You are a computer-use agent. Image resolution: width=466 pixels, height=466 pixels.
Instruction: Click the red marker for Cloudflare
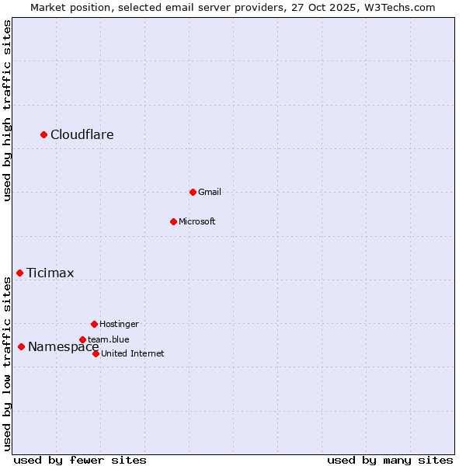point(44,135)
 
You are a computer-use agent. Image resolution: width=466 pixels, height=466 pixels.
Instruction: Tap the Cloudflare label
point(82,135)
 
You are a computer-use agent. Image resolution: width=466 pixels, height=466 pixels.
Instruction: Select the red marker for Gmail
point(193,192)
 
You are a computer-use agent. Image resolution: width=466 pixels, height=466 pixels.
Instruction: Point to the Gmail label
point(210,192)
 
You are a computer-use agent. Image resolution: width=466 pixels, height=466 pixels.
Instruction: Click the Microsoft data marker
point(173,221)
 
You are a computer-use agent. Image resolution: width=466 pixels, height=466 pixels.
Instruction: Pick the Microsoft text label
point(197,221)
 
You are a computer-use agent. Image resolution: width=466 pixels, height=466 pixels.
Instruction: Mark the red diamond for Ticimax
point(19,273)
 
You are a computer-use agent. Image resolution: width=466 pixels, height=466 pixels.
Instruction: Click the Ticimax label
point(50,273)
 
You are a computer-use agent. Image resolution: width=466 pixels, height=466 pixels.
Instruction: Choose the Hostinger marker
point(94,324)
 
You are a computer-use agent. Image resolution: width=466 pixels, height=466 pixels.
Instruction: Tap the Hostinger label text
point(119,324)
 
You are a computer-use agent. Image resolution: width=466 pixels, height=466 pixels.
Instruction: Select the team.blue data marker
point(82,339)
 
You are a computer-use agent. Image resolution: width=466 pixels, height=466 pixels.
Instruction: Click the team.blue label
point(109,339)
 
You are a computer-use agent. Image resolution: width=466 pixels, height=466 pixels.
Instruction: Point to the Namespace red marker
point(21,346)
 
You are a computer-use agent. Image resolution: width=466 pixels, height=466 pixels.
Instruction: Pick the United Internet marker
point(96,353)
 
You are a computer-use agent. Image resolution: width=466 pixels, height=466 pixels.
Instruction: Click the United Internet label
point(133,353)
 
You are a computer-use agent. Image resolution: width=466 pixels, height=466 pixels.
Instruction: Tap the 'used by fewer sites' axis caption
point(80,460)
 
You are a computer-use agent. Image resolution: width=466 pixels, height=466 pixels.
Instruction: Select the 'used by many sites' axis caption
point(390,460)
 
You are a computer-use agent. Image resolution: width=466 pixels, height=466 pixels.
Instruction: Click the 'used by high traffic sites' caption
point(7,110)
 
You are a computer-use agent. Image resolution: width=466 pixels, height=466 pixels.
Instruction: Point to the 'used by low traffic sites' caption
point(7,363)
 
